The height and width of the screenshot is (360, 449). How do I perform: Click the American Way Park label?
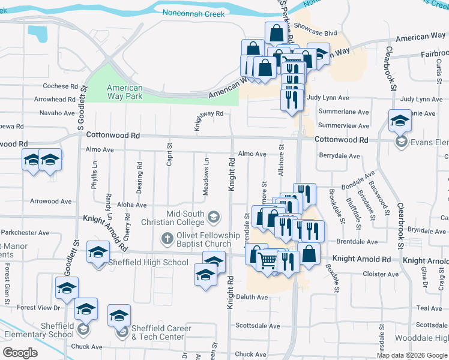coord(125,92)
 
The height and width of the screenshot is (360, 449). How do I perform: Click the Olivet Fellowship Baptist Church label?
coord(199,239)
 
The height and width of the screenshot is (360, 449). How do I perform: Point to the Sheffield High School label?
coord(158,262)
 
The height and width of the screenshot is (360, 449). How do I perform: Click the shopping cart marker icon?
coord(267,260)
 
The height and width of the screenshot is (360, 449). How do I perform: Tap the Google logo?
coord(20,353)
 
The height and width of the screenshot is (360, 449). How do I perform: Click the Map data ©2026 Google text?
coord(412,355)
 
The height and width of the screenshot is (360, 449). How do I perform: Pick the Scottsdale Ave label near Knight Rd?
coord(258,326)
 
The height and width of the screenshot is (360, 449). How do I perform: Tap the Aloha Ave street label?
coord(131,205)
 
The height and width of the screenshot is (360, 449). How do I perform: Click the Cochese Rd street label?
coord(60,86)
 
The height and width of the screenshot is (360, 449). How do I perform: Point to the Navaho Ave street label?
coord(57,113)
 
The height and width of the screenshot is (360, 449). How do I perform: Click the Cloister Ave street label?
coord(381,274)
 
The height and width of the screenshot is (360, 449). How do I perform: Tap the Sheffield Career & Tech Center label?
coord(158,332)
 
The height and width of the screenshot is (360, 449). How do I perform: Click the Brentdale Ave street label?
coord(357,242)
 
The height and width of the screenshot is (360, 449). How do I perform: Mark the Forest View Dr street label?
coord(39,307)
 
